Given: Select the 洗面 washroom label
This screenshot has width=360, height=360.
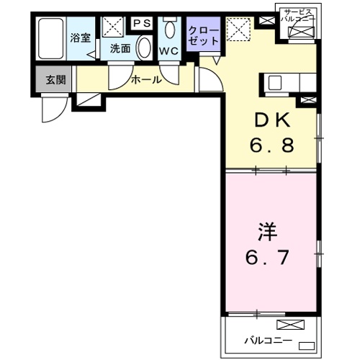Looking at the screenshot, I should click(x=120, y=49).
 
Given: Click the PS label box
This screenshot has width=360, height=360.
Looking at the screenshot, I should click(x=141, y=23).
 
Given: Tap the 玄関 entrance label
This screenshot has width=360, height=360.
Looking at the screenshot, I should click(x=55, y=79).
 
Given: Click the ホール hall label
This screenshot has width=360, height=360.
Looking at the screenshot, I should click(x=146, y=79).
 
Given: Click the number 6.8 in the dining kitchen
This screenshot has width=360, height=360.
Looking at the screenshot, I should click(x=273, y=146).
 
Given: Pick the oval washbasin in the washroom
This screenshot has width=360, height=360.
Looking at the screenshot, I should click(x=143, y=48).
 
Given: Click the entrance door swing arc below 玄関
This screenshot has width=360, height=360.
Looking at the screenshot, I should click(x=52, y=108).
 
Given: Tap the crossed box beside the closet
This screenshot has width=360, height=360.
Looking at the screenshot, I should click(x=236, y=30).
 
